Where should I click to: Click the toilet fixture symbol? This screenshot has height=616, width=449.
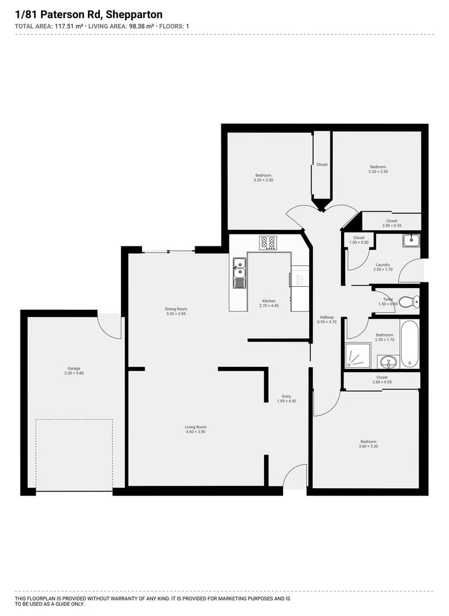(407, 301)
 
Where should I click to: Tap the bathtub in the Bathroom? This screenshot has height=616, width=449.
(409, 344)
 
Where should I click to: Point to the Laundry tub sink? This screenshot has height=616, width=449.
(410, 241)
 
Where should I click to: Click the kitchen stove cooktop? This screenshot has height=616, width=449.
(268, 242)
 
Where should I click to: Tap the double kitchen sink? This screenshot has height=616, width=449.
(240, 272)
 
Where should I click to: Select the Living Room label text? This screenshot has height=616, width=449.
(195, 427)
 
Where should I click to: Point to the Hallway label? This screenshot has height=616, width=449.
(327, 317)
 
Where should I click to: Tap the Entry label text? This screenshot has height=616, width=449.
(286, 396)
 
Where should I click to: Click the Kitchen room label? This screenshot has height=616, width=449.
(269, 301)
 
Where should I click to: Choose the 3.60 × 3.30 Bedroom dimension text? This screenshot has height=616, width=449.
(368, 446)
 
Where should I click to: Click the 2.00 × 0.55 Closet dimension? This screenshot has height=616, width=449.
(391, 226)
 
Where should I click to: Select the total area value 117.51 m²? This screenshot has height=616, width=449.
(68, 26)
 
